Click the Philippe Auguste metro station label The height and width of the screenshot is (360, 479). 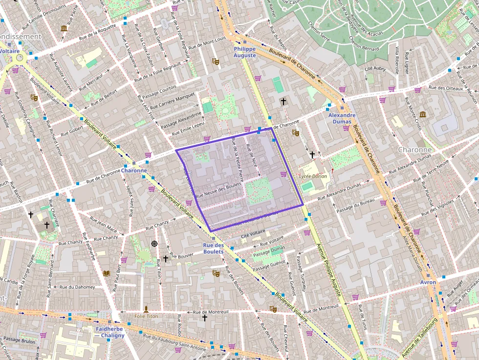[x=245, y=52]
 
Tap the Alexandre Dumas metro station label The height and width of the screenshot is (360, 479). [x=342, y=119]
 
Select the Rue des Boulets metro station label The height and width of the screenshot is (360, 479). [x=213, y=249]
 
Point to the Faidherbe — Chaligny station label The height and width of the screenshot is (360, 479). [x=109, y=332]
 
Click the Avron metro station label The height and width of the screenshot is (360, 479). [x=428, y=282]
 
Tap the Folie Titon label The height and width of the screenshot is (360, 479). [x=146, y=316]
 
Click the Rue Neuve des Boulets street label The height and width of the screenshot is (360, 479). [x=218, y=190]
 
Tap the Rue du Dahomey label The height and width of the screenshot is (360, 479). [x=77, y=287]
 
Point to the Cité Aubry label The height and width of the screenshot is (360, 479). [x=375, y=69]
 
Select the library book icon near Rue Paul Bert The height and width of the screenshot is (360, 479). [x=107, y=273]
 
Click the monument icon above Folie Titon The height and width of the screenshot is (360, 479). [x=146, y=309]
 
